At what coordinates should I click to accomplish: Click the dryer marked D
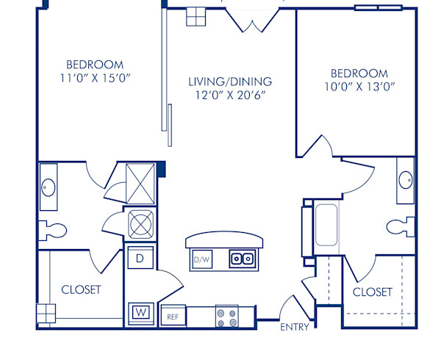pos(140,259)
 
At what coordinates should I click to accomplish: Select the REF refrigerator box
pos(173,317)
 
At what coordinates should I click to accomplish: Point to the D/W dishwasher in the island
pos(201,259)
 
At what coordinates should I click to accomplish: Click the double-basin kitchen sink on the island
pos(241,259)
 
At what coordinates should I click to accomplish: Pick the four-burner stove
pos(226,317)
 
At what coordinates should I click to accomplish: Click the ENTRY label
pos(294,327)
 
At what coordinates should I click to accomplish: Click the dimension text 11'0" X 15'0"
pos(95,77)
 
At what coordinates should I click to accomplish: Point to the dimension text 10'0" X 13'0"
pos(359,86)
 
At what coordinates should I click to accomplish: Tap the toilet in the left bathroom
pos(51,229)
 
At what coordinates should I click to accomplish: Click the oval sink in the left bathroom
pos(48,187)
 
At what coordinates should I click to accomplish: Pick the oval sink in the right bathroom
pos(405,181)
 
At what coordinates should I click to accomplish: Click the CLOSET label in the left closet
pos(81,289)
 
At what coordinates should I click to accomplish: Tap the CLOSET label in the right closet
pos(373,292)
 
